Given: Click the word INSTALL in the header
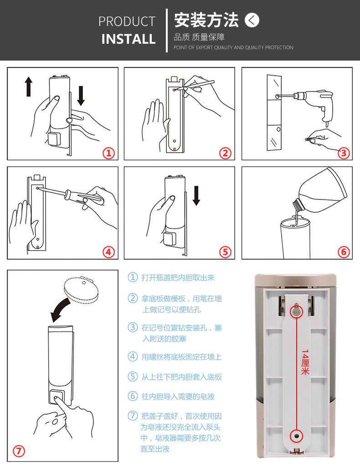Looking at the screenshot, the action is coord(129,39).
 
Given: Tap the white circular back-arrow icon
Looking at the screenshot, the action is coord(252,20).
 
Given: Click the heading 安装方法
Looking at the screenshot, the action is coord(206,20).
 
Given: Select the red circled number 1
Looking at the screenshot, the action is coord(108,153).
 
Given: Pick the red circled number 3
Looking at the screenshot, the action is coord(344,153).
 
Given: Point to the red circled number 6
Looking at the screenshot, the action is coord(344,252).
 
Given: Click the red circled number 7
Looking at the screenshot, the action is coord(19,451).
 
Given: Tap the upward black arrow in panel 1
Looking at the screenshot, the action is coord(29,86).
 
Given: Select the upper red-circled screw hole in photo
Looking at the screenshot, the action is coord(297,312).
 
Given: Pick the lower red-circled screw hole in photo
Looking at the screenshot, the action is coord(297,436).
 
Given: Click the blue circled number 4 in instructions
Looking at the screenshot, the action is coord(133,356).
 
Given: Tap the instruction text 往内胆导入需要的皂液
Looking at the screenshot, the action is coord(178,396).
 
